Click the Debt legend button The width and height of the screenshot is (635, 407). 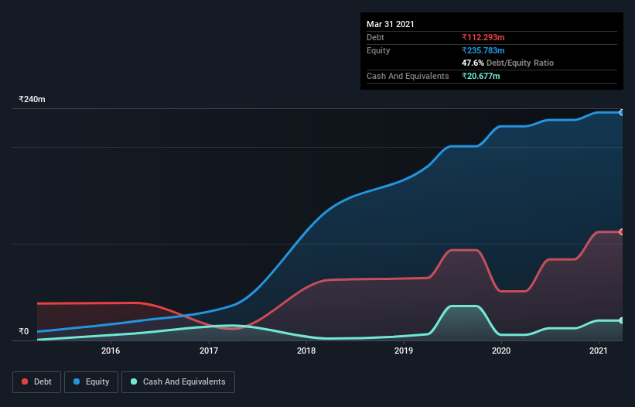coord(37,381)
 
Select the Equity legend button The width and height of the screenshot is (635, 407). coord(91,381)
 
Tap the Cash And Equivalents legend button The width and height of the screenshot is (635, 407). coord(178,381)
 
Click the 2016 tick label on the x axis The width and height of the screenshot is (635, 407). coord(111,351)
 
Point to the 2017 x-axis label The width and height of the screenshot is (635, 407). coord(209,351)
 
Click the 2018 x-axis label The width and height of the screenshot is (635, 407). coord(306,351)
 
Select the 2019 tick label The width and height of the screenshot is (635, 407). coord(404,351)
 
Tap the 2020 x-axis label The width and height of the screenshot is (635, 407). coord(501,351)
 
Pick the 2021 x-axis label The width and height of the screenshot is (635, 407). coord(599,351)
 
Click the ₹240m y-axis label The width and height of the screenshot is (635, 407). coord(32,100)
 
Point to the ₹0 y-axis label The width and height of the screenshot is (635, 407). coord(24,332)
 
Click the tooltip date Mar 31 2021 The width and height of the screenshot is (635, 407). coord(391,24)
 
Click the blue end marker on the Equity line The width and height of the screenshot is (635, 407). coord(622,112)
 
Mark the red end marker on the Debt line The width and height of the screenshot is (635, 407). coord(622,232)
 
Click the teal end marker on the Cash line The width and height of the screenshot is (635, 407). coord(622,320)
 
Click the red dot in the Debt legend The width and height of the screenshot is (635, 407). coord(25,381)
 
